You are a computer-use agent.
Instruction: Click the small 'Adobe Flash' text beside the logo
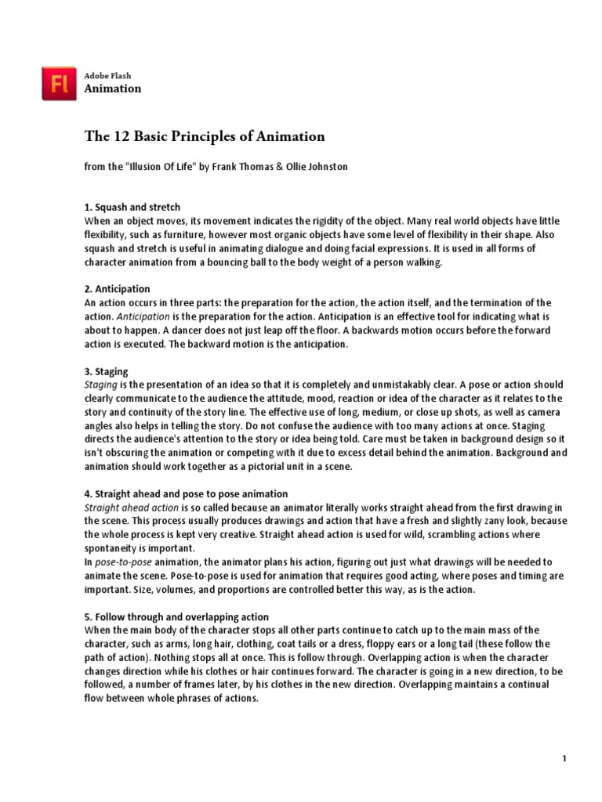point(108,76)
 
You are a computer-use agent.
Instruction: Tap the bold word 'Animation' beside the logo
point(113,89)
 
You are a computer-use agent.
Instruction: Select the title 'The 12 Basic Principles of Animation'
point(205,136)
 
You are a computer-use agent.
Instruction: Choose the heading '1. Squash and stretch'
point(132,208)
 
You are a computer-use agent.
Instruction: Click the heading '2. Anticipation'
point(117,289)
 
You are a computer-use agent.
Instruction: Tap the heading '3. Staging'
point(106,371)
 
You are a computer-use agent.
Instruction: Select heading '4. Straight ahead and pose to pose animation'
point(186,494)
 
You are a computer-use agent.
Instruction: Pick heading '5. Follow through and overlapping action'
point(176,617)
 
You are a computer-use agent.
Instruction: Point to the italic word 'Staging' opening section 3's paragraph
point(101,385)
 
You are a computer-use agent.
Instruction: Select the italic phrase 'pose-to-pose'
point(121,562)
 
